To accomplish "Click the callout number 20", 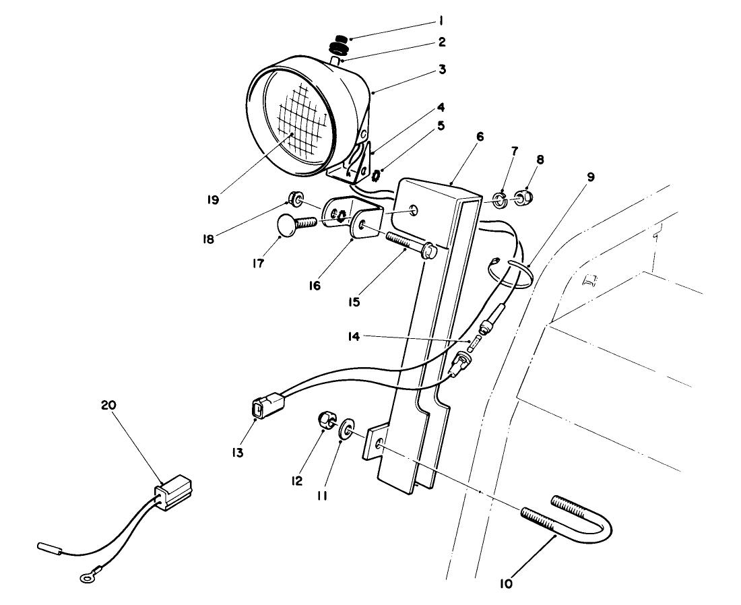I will (x=108, y=406).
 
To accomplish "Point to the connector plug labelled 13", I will (x=263, y=408).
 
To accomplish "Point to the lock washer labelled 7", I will (x=499, y=199).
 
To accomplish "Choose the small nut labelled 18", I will (x=294, y=197).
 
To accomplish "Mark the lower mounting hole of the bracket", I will (x=380, y=444).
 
